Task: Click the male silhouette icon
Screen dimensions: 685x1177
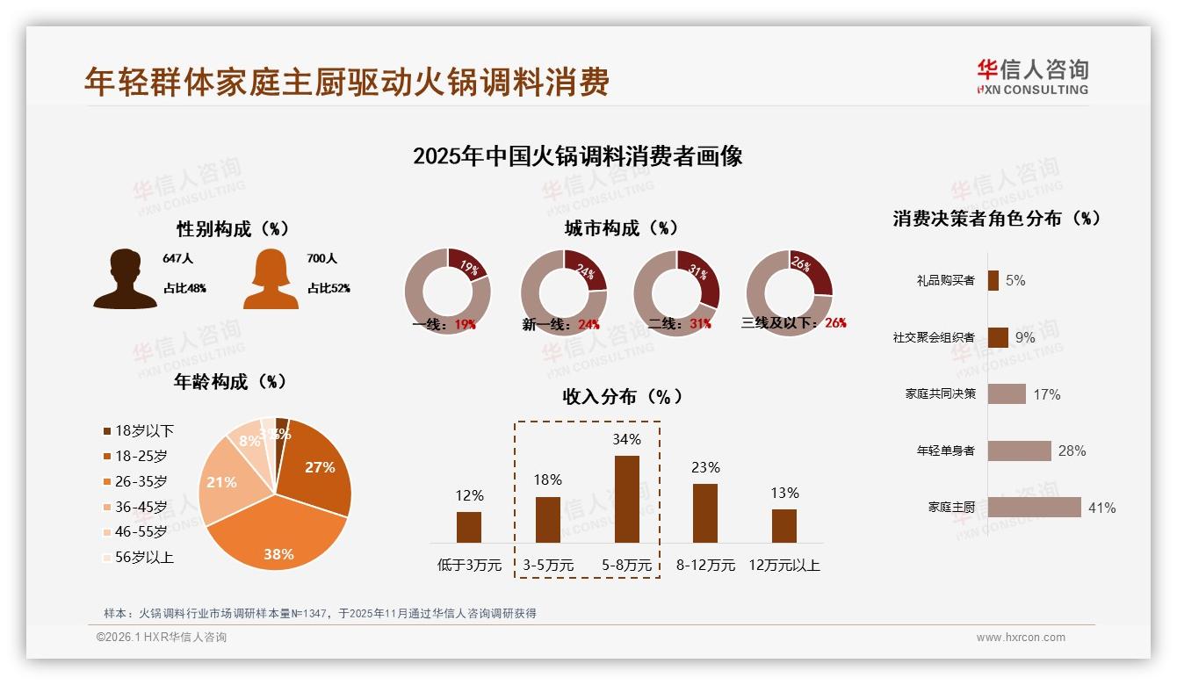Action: point(125,279)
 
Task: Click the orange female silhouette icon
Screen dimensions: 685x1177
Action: point(271,279)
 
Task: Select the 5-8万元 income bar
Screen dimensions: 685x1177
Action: point(626,499)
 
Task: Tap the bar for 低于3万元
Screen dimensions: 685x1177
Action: point(469,527)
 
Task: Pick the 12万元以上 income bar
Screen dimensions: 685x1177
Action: point(783,526)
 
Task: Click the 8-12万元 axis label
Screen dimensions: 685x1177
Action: point(705,566)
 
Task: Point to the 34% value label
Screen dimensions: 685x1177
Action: point(626,439)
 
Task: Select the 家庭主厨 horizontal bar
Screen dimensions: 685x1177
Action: point(1034,508)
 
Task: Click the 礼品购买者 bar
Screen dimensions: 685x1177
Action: point(993,280)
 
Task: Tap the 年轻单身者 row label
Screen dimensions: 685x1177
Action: point(945,451)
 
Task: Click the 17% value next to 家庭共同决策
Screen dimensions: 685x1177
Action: point(1046,395)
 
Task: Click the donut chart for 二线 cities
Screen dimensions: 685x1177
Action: point(676,292)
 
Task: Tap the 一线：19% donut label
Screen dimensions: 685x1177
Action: point(444,324)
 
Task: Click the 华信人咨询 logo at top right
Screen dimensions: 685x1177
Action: point(1032,76)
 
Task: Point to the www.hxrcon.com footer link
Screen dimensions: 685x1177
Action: point(1020,638)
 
